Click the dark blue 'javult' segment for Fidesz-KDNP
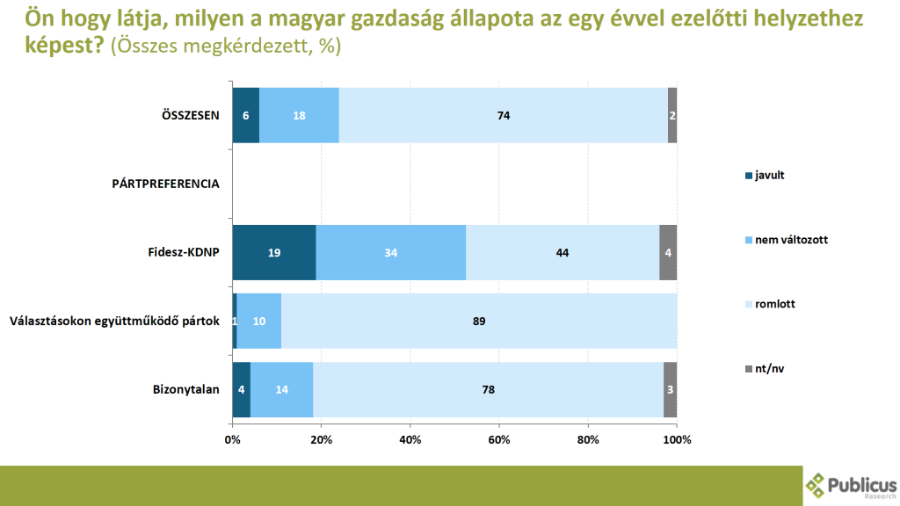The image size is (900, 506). tap(273, 252)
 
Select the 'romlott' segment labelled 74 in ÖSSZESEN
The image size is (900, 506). tap(503, 115)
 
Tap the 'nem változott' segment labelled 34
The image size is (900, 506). tap(390, 252)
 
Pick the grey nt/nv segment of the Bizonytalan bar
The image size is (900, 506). tap(670, 389)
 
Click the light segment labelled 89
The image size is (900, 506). tap(479, 321)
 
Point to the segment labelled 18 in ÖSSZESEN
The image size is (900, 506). tap(299, 115)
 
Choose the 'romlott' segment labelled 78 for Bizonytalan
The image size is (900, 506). tap(488, 389)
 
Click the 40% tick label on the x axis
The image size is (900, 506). tap(410, 438)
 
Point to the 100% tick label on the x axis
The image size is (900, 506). tap(676, 438)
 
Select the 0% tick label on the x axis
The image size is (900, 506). tap(232, 438)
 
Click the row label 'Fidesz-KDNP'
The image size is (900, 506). tap(183, 252)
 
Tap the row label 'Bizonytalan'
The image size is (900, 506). tap(185, 389)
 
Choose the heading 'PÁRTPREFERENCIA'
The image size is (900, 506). tap(165, 184)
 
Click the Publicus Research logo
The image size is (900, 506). tap(851, 485)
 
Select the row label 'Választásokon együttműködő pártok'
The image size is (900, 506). tap(113, 321)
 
